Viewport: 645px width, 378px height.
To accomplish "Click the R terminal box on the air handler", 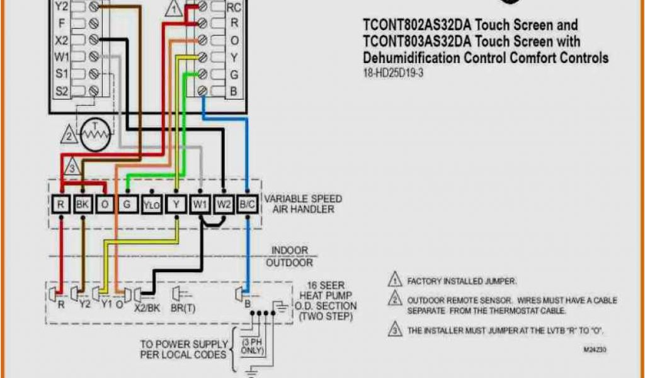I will pos(61,204).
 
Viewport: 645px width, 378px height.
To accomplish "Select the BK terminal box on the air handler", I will pos(83,204).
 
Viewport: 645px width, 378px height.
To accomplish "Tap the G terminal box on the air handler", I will pos(127,204).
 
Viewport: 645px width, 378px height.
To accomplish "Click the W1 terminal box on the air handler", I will pos(200,204).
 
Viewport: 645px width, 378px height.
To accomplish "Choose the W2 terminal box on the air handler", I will pos(224,204).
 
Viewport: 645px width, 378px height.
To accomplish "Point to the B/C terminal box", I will pos(246,204).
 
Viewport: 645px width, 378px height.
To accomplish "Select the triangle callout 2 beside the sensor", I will pos(68,134).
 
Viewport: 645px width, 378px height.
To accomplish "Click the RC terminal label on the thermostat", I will pos(234,8).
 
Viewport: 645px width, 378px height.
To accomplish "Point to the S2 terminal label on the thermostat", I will pos(61,91).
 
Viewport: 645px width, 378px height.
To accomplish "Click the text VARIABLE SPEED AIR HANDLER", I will pos(303,203).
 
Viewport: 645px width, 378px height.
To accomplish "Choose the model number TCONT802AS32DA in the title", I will pos(416,26).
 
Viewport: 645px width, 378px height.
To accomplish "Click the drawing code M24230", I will pos(595,348).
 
